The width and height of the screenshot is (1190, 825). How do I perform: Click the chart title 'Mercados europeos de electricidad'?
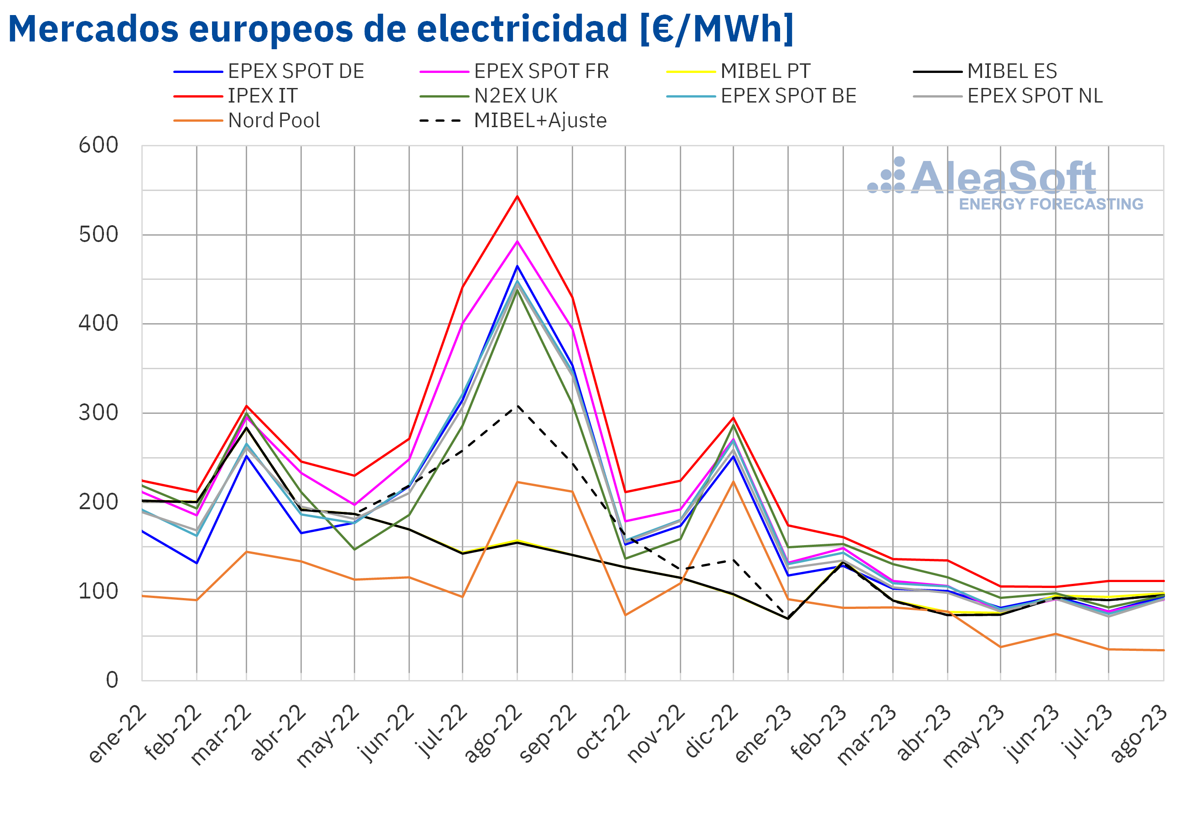[401, 29]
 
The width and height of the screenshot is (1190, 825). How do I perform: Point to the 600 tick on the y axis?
[98, 146]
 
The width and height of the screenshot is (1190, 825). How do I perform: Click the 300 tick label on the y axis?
[98, 413]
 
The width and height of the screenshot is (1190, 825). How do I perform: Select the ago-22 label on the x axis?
[494, 734]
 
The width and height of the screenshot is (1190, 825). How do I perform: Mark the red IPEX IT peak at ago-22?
[517, 196]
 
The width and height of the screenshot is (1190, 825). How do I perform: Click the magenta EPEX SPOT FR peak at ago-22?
[517, 242]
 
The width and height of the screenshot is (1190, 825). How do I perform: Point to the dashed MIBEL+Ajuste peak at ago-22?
[517, 406]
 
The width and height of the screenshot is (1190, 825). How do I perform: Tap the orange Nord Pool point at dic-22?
[733, 482]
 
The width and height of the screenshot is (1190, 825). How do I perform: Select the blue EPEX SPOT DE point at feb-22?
[197, 563]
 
